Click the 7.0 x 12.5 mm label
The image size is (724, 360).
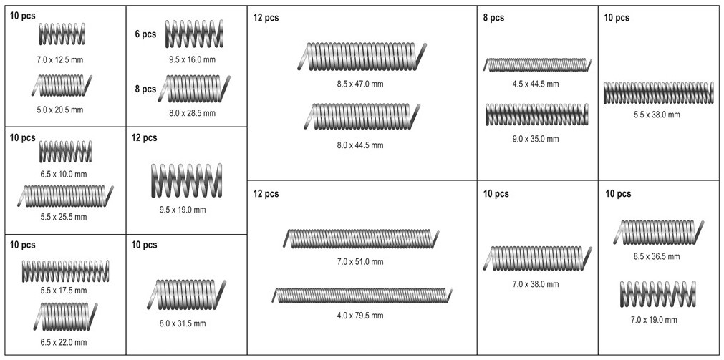(62, 59)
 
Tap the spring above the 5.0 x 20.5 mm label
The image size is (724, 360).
(62, 86)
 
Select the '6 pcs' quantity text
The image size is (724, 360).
(145, 34)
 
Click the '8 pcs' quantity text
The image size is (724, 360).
(145, 89)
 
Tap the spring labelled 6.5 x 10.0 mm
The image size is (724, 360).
(65, 151)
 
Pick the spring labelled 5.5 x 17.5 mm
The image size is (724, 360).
(65, 270)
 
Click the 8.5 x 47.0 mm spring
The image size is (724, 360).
(362, 57)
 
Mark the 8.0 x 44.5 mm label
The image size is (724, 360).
(360, 145)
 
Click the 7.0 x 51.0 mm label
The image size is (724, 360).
(360, 261)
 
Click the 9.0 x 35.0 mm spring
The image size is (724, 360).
(536, 115)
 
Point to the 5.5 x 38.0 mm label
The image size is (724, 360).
(657, 115)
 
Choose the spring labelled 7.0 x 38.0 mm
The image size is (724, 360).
(536, 258)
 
